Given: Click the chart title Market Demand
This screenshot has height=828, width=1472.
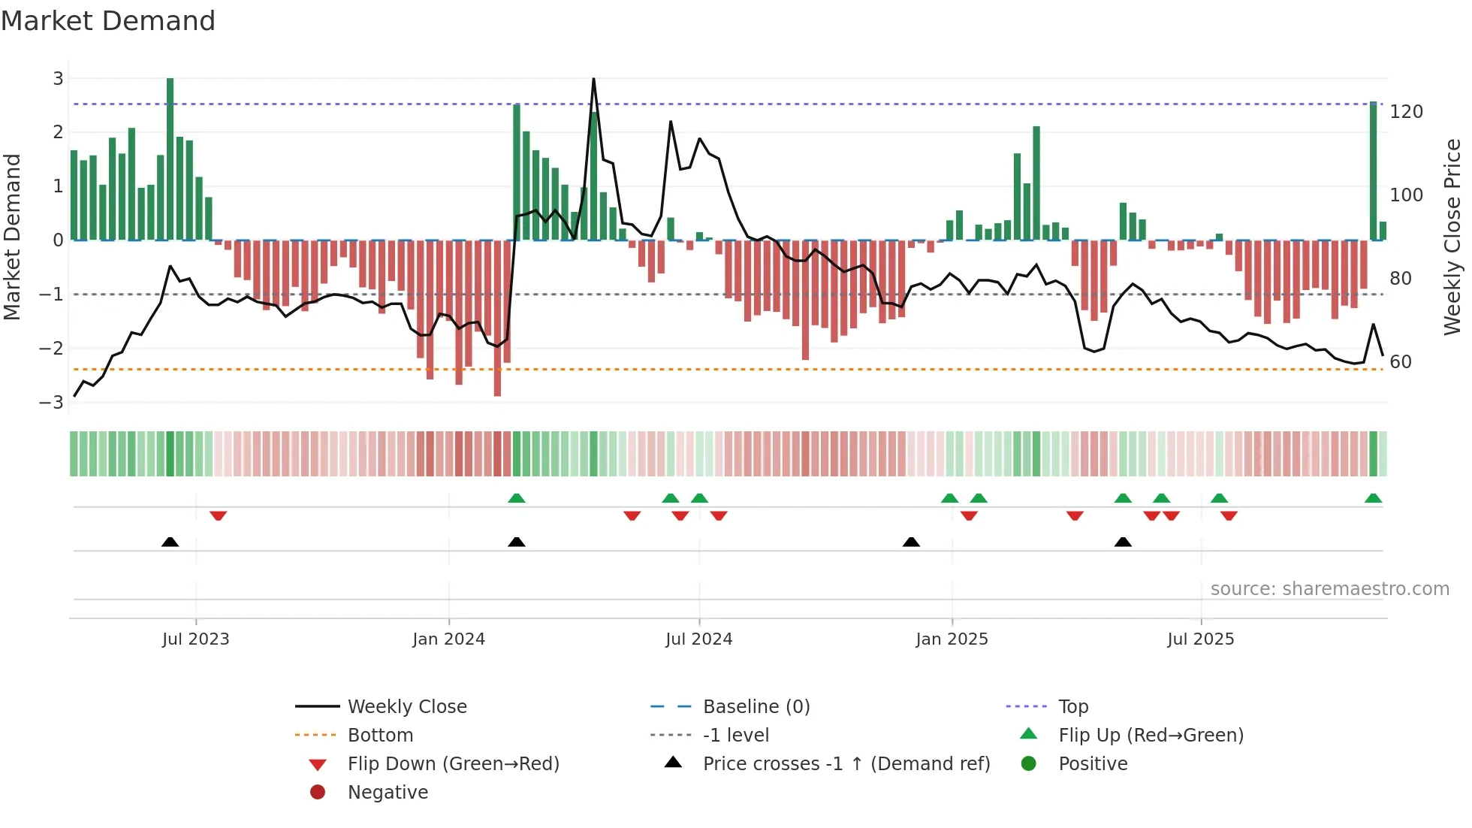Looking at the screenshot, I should (108, 21).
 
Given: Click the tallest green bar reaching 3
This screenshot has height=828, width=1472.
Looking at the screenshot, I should (170, 158).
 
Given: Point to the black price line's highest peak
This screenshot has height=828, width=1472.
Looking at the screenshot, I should (594, 80).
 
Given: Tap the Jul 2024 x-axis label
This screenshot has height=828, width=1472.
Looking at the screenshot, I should (698, 639).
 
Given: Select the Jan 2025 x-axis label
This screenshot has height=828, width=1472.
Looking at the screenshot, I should (952, 639).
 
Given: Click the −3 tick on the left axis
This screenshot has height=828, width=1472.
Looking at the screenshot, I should (52, 402).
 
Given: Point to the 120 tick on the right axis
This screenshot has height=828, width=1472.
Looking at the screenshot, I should (1406, 112).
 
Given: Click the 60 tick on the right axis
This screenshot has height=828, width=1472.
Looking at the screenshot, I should (1401, 362).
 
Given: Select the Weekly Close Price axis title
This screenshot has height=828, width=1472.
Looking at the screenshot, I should (1452, 237).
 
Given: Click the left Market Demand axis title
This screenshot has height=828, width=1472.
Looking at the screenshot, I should (12, 237).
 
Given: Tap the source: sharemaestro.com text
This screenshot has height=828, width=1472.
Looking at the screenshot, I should (1329, 589).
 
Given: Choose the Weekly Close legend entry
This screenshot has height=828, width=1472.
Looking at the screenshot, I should (406, 707).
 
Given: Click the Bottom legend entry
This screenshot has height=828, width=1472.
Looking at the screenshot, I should (380, 736).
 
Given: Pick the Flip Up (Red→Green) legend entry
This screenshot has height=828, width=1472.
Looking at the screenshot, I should (1150, 736).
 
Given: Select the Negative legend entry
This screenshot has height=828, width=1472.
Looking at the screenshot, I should (388, 793).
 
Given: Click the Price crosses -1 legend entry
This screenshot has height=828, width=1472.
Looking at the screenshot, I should (846, 764).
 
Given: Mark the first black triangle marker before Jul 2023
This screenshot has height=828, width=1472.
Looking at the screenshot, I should (170, 542).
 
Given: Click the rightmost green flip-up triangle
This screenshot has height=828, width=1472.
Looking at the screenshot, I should (1373, 498).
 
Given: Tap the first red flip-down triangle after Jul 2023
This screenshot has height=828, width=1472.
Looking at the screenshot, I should (219, 515).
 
